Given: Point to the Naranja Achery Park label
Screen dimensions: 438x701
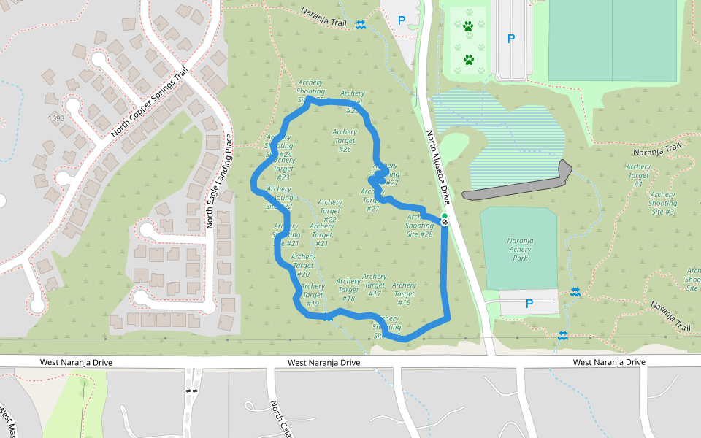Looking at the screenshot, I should pos(520,249).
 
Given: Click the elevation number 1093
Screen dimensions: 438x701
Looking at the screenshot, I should pos(56,118).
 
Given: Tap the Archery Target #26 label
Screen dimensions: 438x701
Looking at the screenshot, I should pos(345,141).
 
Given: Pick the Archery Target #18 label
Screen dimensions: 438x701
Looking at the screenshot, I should pos(348,290).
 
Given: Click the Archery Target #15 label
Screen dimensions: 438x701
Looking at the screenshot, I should pos(404,294).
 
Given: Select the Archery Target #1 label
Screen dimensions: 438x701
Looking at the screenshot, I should pos(638,175).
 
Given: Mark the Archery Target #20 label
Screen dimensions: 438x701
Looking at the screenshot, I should pos(303,265).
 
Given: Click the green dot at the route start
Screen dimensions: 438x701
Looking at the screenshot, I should pos(444,216).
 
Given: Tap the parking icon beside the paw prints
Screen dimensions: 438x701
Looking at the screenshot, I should pos(510,38).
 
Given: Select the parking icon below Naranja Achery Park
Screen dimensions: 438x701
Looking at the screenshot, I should pos(529,304).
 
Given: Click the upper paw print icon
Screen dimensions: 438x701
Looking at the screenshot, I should pos(468,26).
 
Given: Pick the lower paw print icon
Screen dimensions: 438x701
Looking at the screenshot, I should pos(468,59).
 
